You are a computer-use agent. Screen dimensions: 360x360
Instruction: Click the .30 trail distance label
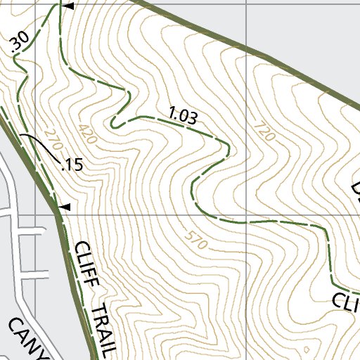pyautogui.click(x=20, y=43)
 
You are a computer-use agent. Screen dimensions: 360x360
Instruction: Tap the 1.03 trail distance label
pyautogui.click(x=183, y=116)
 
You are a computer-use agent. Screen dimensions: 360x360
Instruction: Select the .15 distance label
pyautogui.click(x=72, y=166)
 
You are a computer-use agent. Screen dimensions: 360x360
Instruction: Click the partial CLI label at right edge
pyautogui.click(x=346, y=301)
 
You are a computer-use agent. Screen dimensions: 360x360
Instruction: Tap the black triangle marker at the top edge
pyautogui.click(x=68, y=6)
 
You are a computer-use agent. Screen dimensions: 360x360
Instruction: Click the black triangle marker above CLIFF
pyautogui.click(x=65, y=207)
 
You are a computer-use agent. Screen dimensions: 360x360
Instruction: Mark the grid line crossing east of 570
pyautogui.click(x=246, y=215)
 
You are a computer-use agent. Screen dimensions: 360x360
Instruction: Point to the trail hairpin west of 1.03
pyautogui.click(x=115, y=124)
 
